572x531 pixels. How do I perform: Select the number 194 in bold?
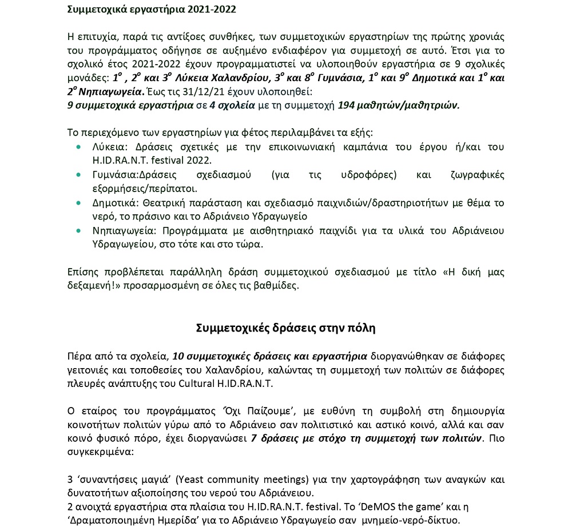coord(347,105)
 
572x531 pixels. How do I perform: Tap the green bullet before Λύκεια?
coord(78,147)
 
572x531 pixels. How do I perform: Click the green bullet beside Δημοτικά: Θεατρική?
coord(78,203)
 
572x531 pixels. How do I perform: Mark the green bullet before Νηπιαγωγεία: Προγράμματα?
coord(78,231)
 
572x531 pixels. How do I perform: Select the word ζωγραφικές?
coord(475,175)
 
